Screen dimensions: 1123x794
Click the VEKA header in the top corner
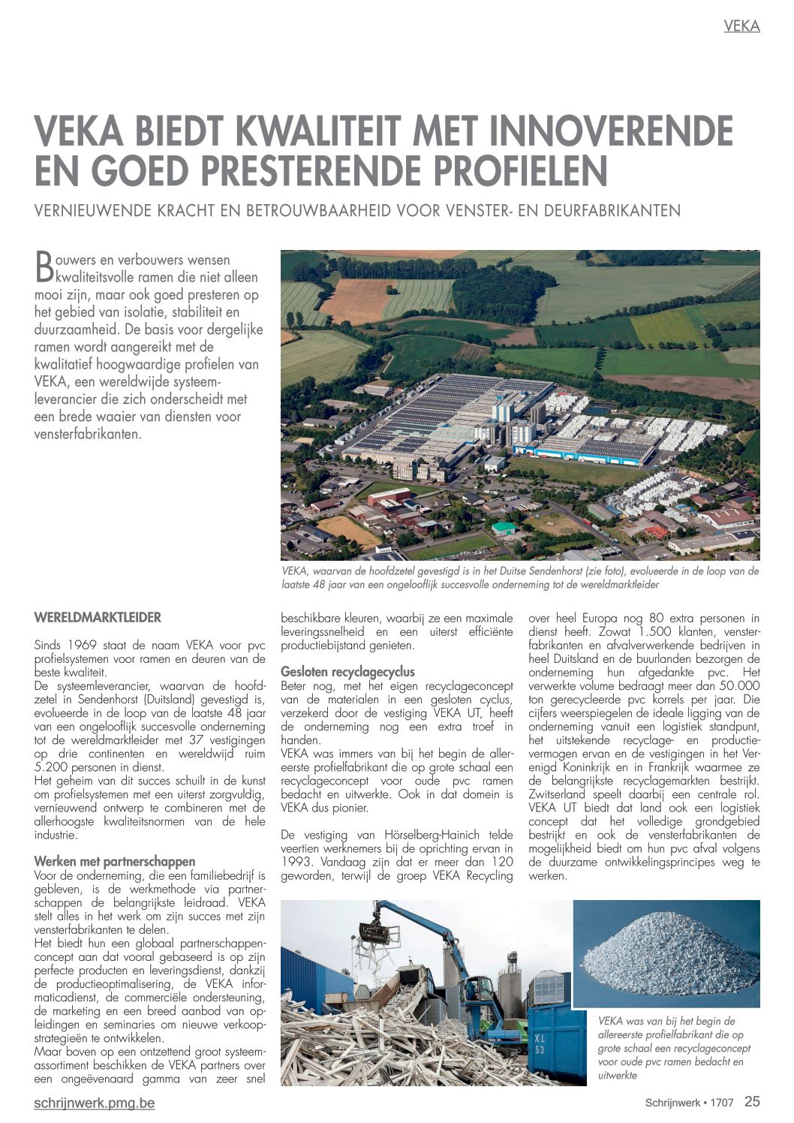click(741, 26)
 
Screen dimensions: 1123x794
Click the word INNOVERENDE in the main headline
click(611, 131)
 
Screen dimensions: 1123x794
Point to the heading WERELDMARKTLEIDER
click(98, 618)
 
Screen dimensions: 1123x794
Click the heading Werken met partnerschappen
click(115, 861)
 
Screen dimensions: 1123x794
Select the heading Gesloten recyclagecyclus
click(347, 671)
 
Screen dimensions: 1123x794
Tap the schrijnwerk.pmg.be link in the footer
click(95, 1103)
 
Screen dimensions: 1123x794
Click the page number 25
click(752, 1101)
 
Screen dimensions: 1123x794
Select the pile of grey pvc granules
click(668, 957)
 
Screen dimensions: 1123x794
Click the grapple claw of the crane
click(374, 935)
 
